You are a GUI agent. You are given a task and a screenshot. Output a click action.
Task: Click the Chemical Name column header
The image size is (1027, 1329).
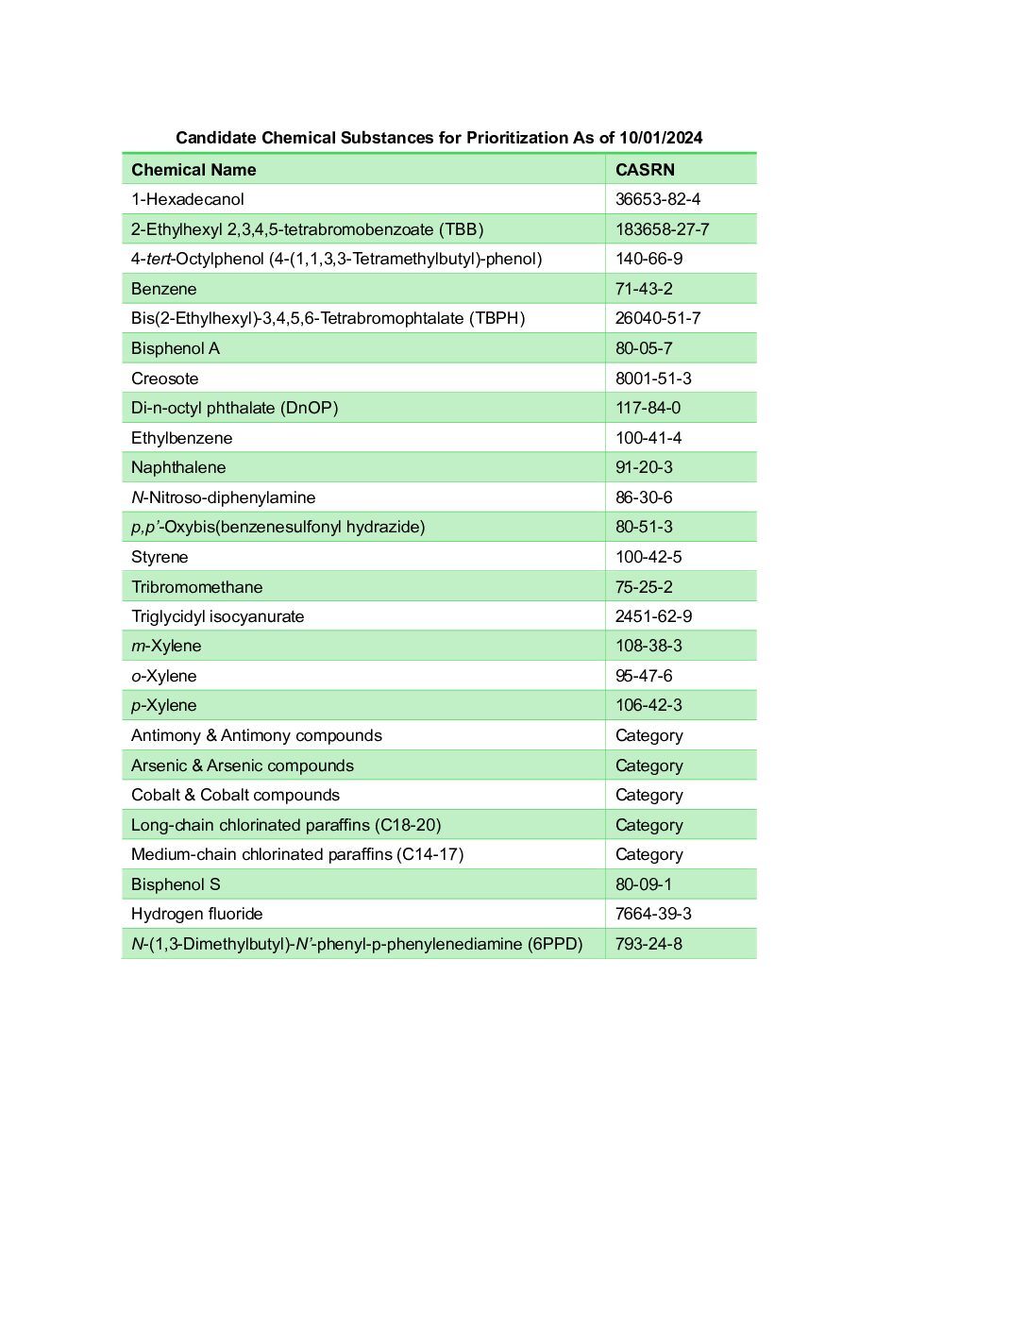[x=194, y=170]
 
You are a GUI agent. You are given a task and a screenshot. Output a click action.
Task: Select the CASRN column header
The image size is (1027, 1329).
[x=645, y=170]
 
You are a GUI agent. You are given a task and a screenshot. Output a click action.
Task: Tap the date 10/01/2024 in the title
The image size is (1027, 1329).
[x=661, y=138]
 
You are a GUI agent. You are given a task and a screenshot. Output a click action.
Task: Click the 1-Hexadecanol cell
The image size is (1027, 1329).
[x=187, y=199]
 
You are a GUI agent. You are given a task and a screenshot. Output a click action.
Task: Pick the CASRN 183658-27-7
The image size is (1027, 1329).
[x=662, y=229]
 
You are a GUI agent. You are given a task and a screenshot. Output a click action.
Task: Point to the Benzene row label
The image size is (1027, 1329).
[x=163, y=289]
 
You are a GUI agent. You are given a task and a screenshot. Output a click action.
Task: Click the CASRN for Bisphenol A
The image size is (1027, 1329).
[x=644, y=348]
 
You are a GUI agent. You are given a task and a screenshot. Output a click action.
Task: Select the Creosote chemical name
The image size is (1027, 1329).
[x=164, y=379]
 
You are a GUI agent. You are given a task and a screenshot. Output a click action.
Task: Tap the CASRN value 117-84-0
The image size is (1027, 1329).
[x=648, y=408]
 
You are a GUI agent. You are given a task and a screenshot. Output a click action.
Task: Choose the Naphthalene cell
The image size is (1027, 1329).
[x=178, y=467]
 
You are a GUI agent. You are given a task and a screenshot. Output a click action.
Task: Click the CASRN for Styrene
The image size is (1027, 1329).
[x=648, y=557]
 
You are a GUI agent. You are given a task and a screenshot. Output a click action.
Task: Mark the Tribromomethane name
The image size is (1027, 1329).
[x=196, y=587]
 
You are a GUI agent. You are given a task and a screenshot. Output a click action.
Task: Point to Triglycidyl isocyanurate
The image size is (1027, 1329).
[x=217, y=616]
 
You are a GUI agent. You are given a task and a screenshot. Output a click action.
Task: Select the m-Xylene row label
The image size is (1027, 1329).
[x=166, y=646]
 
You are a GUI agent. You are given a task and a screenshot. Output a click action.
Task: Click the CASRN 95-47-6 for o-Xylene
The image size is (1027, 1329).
[x=644, y=676]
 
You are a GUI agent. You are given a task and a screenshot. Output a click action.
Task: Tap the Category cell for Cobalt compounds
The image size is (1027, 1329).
[x=648, y=795]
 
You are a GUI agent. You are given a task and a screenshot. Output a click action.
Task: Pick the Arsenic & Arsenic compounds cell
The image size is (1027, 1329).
[x=242, y=765]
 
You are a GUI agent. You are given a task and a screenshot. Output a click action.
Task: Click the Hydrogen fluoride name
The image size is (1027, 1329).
[x=196, y=914]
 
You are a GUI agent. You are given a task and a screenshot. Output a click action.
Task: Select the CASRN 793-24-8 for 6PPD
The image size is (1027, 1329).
[x=648, y=944]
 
